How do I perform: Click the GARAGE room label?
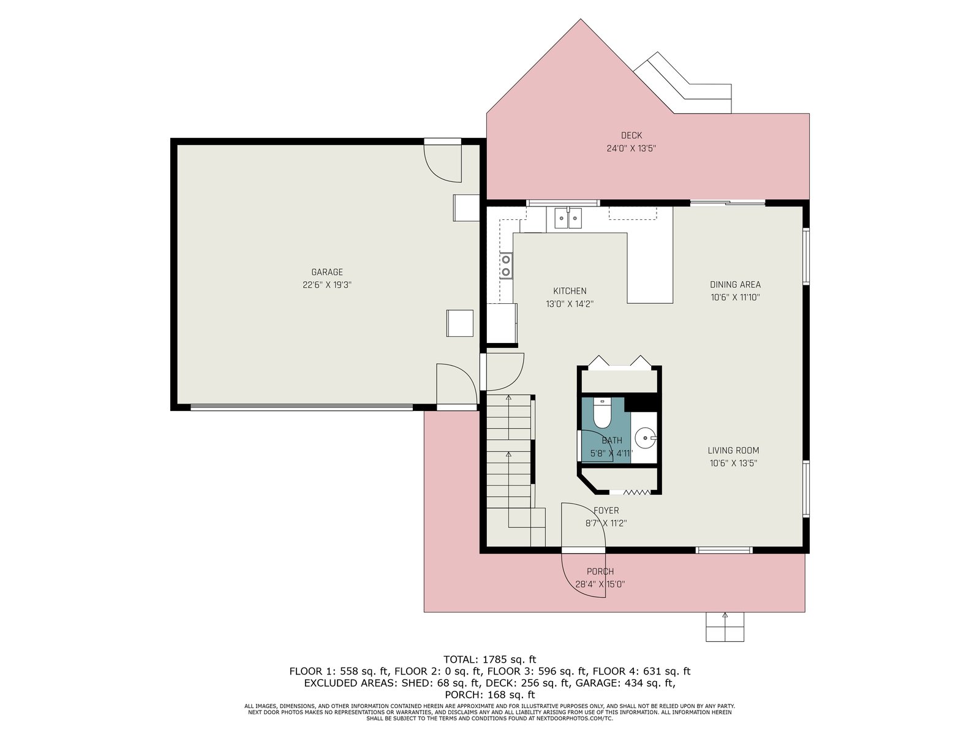[x=327, y=272]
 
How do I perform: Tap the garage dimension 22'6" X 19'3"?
[x=327, y=285]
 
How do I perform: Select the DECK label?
[x=631, y=135]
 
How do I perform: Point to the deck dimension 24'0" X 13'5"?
[x=631, y=148]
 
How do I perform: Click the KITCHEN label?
[x=570, y=291]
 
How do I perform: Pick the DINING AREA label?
[x=735, y=284]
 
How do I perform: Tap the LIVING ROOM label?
[x=733, y=450]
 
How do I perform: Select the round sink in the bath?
[x=645, y=438]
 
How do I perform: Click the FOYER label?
[x=606, y=510]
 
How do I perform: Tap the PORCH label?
[x=600, y=571]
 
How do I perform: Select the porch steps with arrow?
[x=725, y=627]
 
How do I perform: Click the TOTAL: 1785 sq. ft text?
[x=489, y=659]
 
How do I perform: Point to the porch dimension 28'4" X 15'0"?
[x=600, y=584]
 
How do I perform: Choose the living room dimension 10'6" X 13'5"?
[x=733, y=463]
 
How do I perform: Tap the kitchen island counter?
[x=650, y=268]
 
